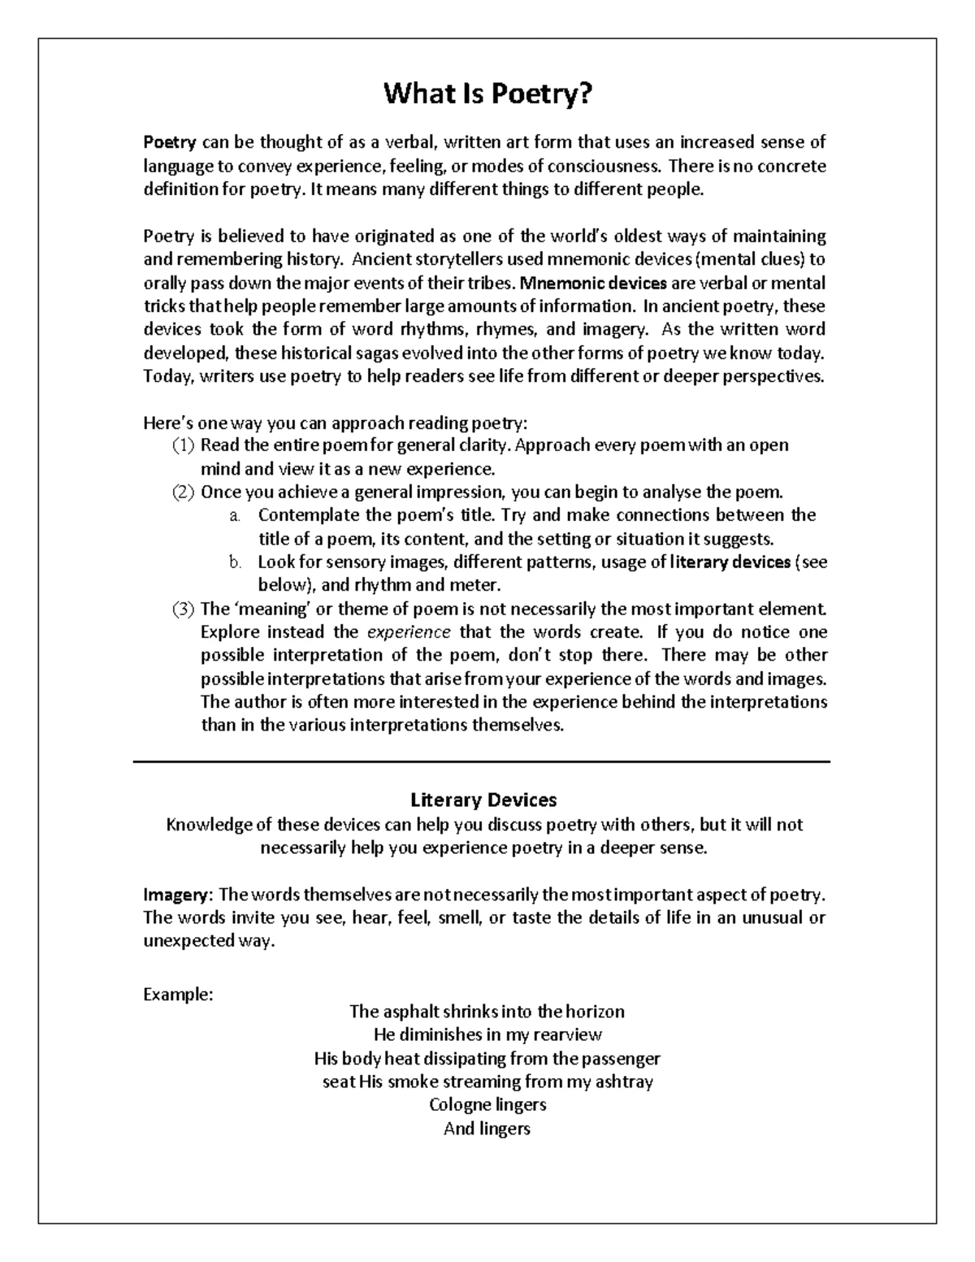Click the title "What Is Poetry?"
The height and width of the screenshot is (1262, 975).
point(487,95)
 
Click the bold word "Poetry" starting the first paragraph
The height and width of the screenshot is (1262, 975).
point(170,143)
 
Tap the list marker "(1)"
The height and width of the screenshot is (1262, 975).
point(183,445)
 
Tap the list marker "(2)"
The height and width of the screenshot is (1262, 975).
point(183,492)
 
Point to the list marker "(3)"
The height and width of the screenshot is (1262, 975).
point(183,609)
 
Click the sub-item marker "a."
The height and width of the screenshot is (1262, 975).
point(235,516)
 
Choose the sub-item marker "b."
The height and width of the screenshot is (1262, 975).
point(235,562)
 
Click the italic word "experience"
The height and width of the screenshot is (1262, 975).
point(409,632)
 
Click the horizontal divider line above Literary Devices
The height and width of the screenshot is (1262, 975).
point(482,761)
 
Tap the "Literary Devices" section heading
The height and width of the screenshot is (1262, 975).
point(483,800)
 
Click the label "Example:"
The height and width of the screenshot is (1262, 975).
point(178,994)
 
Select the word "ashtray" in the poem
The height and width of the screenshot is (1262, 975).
point(624,1082)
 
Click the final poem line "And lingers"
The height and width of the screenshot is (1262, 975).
point(487,1129)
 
